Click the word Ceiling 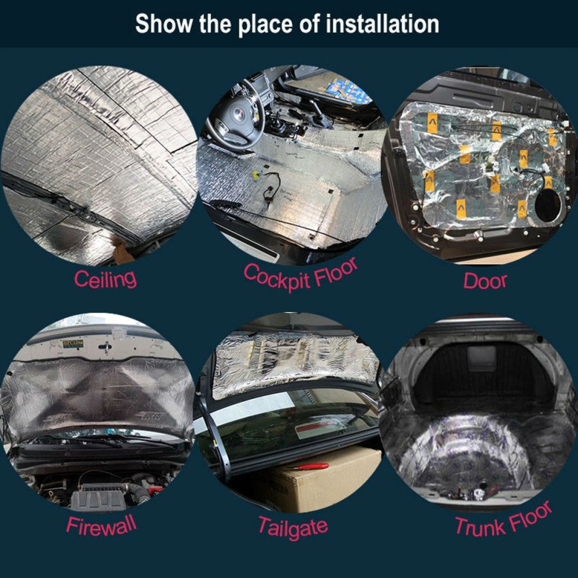click(105, 279)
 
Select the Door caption click(485, 281)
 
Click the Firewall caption click(101, 525)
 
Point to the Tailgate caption click(292, 527)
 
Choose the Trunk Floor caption click(503, 520)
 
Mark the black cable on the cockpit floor click(271, 185)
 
